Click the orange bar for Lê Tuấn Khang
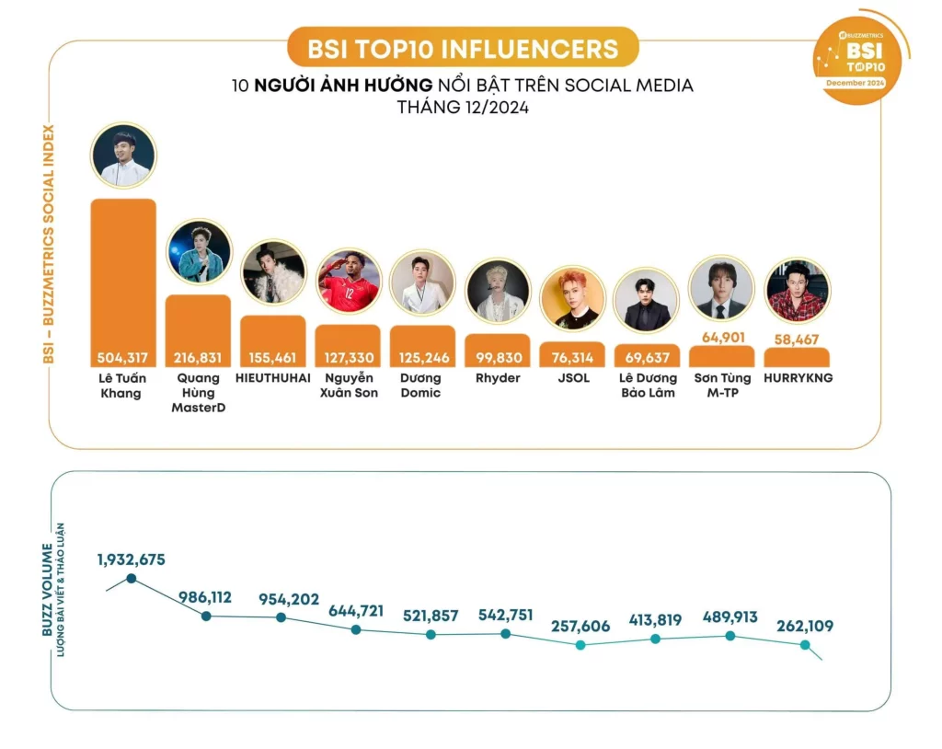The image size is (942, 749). pos(123,276)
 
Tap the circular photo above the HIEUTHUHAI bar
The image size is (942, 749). pos(273,273)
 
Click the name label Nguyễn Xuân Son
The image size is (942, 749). pos(347,386)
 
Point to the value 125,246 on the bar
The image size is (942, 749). pos(422,357)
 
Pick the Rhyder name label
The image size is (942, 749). pos(497,378)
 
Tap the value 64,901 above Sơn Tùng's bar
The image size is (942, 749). pos(721,337)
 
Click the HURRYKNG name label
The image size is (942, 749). pos(798,378)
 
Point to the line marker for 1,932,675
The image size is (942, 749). pos(132,578)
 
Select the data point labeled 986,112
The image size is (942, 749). pos(206,616)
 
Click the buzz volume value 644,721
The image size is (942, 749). pos(355,611)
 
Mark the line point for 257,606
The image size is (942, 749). pos(580,645)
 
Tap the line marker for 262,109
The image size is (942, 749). pos(805,645)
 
